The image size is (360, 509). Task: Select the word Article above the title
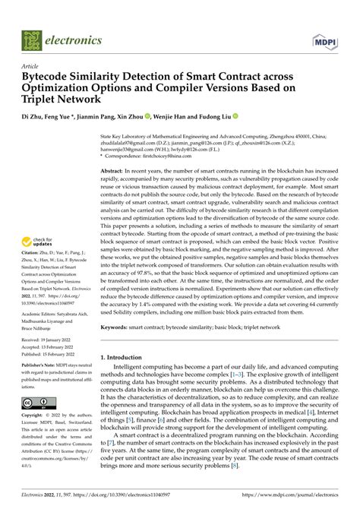(x=31, y=66)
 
